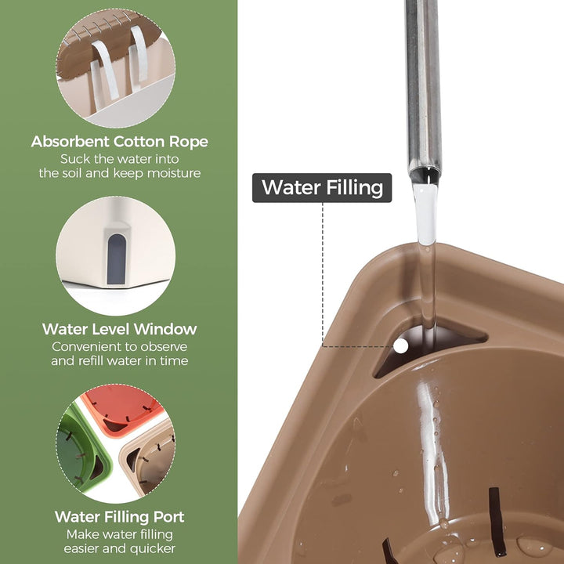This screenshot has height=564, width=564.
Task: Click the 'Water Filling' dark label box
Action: pos(322,188)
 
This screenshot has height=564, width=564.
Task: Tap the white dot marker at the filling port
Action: pos(401,346)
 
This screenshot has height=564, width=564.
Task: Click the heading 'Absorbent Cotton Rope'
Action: pos(119,141)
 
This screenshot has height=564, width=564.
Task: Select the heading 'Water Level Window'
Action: pos(119,329)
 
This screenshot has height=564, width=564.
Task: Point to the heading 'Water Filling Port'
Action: pos(119,516)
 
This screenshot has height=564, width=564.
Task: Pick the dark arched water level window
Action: pos(116,258)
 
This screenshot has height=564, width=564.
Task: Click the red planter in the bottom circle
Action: pos(124,407)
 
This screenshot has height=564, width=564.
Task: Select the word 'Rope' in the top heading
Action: pos(189,142)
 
